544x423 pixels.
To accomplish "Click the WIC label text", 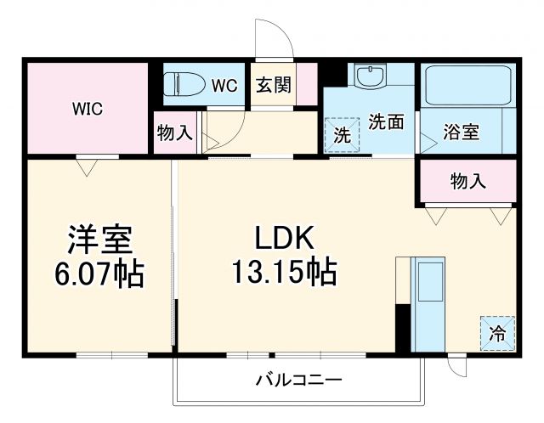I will click(87, 108).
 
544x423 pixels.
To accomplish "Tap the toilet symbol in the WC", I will click(184, 83).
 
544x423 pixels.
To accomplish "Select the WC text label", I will click(224, 85).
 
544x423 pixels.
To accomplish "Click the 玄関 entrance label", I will click(274, 85).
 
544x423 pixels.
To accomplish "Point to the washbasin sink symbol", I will click(369, 77).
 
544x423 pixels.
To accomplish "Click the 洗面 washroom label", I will click(386, 121).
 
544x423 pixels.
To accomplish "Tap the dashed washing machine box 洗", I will click(342, 134).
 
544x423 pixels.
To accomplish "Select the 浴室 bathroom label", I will click(462, 132).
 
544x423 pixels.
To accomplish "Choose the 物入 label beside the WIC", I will click(174, 133).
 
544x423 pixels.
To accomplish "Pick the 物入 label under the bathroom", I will click(467, 180).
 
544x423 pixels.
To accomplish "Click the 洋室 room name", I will click(99, 239).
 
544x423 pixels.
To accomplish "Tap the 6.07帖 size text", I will click(99, 274).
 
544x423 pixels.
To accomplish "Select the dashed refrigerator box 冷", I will click(497, 333).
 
